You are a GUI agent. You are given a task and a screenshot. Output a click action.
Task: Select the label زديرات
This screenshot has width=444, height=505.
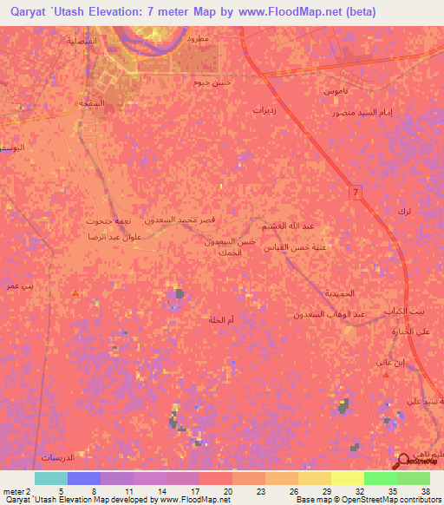pos(264,110)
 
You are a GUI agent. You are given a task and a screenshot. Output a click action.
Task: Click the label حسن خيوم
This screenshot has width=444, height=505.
pos(215,82)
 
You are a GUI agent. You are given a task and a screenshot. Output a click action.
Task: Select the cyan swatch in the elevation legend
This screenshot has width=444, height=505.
pos(50,478)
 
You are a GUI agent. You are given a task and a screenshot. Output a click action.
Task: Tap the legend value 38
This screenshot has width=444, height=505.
pos(424,490)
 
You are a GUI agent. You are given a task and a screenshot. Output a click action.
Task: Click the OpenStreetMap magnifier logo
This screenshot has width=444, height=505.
pos(404,462)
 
